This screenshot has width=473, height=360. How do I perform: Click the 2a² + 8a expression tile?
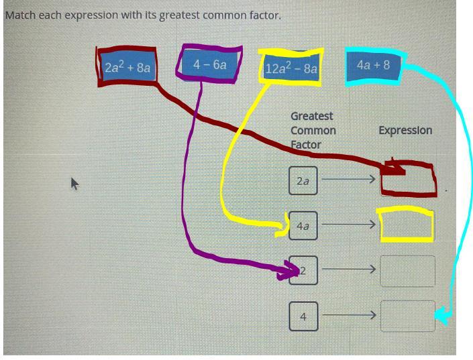[127, 66]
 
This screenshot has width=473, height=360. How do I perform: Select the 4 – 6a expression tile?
[209, 64]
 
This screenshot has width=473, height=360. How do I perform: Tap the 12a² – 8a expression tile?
[291, 68]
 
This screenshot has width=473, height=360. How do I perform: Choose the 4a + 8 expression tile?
[373, 65]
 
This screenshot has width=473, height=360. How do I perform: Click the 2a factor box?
[303, 181]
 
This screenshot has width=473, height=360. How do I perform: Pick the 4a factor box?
[303, 226]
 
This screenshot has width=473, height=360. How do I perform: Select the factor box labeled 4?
[303, 316]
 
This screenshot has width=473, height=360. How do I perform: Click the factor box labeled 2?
[303, 271]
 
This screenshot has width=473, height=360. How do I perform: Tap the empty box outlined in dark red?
[408, 180]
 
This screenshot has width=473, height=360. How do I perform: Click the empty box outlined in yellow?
[407, 225]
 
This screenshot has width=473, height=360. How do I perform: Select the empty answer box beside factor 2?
[407, 271]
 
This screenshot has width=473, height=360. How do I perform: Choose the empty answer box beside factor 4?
[407, 316]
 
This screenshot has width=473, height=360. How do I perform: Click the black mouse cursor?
[74, 183]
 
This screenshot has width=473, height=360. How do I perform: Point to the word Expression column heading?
[405, 130]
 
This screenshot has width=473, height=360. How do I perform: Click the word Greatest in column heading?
[311, 116]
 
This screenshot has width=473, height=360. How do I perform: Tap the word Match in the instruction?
[20, 15]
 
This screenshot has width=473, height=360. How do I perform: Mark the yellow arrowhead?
[282, 231]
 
